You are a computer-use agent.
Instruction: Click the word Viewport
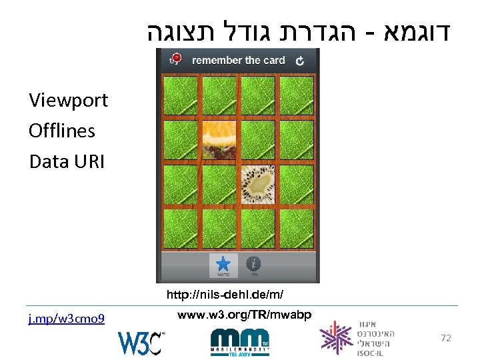(x=68, y=101)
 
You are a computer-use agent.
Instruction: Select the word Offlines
(x=62, y=131)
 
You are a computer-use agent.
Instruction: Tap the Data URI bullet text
(x=67, y=161)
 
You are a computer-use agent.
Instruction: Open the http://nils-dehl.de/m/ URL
(x=229, y=294)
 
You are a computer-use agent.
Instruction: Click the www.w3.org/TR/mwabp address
(x=245, y=313)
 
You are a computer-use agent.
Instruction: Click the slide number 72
(x=446, y=338)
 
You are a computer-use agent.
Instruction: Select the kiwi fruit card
(x=257, y=184)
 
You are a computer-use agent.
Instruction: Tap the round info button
(x=253, y=264)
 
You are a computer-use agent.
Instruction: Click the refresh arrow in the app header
(x=300, y=61)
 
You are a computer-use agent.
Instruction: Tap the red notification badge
(x=177, y=58)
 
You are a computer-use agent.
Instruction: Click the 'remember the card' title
(x=238, y=61)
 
